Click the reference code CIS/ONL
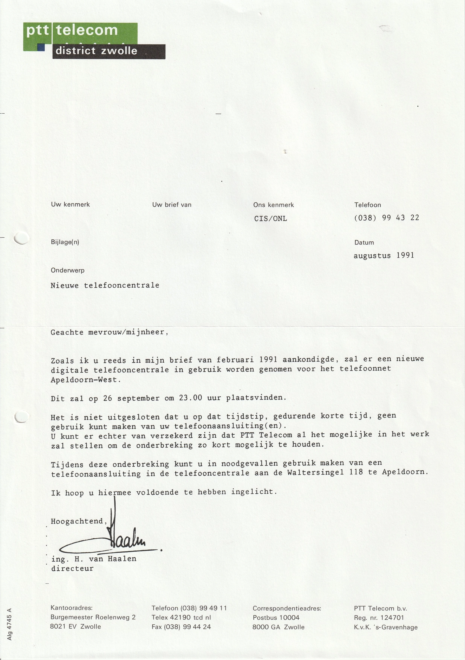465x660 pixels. tap(270, 218)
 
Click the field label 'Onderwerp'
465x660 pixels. tap(68, 270)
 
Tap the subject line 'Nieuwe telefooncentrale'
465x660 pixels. tap(105, 286)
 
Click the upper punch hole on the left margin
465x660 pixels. tap(21, 238)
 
